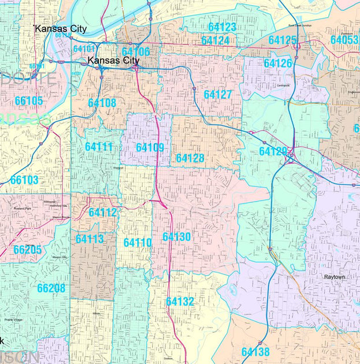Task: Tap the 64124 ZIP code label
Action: point(215,40)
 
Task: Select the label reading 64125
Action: point(283,40)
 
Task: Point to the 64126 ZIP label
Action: point(278,63)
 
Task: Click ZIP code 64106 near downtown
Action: point(136,51)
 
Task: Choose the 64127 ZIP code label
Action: point(218,94)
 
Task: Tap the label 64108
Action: point(102,103)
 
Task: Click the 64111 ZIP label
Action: point(99,147)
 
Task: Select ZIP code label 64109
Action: point(150,147)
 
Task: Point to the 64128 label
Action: point(190,158)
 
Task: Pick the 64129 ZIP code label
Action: point(273,151)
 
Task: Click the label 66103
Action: point(24,180)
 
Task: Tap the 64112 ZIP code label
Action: point(102,212)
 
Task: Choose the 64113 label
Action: point(90,239)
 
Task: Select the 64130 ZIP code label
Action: point(176,237)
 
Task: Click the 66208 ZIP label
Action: point(51,288)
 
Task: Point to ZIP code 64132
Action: point(180,302)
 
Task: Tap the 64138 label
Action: point(255,351)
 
